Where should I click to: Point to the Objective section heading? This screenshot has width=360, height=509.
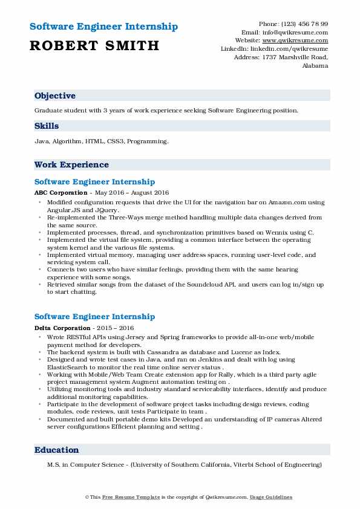tap(55, 96)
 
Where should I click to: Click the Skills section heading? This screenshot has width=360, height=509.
tap(47, 126)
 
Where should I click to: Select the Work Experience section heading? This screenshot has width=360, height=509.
tap(71, 164)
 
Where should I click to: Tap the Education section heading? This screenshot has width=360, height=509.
tap(57, 450)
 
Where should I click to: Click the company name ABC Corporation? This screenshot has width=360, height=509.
tap(61, 193)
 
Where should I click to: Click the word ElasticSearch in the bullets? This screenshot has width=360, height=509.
tap(70, 366)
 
